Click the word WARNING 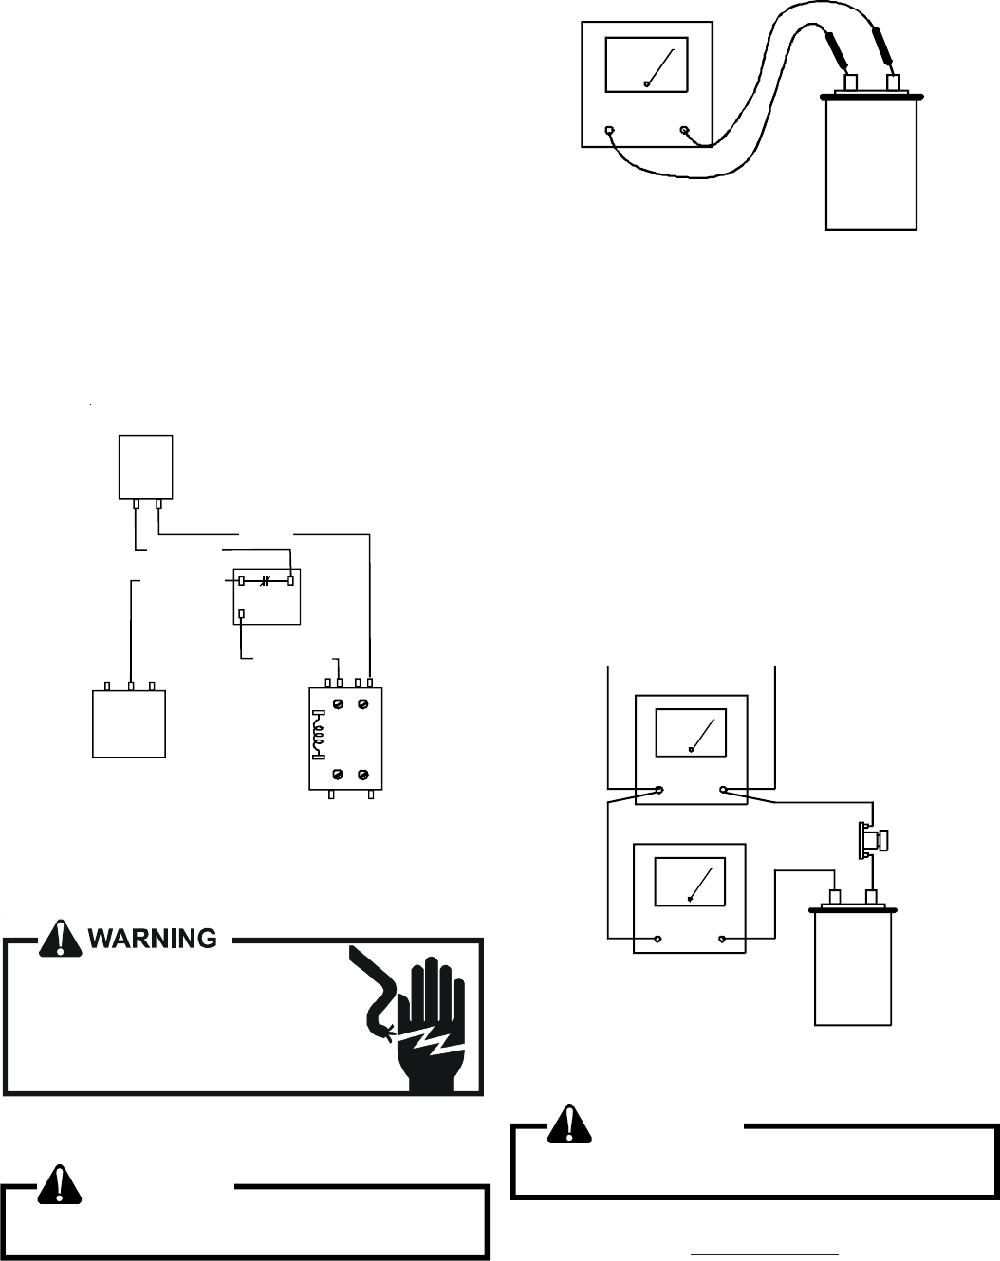[153, 939]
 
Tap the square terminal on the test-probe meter [609, 130]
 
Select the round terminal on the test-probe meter [684, 130]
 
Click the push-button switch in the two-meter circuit [871, 839]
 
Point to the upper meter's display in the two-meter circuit [690, 730]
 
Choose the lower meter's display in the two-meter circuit [690, 879]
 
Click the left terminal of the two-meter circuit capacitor [836, 897]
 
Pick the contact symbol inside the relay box [266, 579]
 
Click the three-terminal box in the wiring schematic [129, 722]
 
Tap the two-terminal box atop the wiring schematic [145, 466]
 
